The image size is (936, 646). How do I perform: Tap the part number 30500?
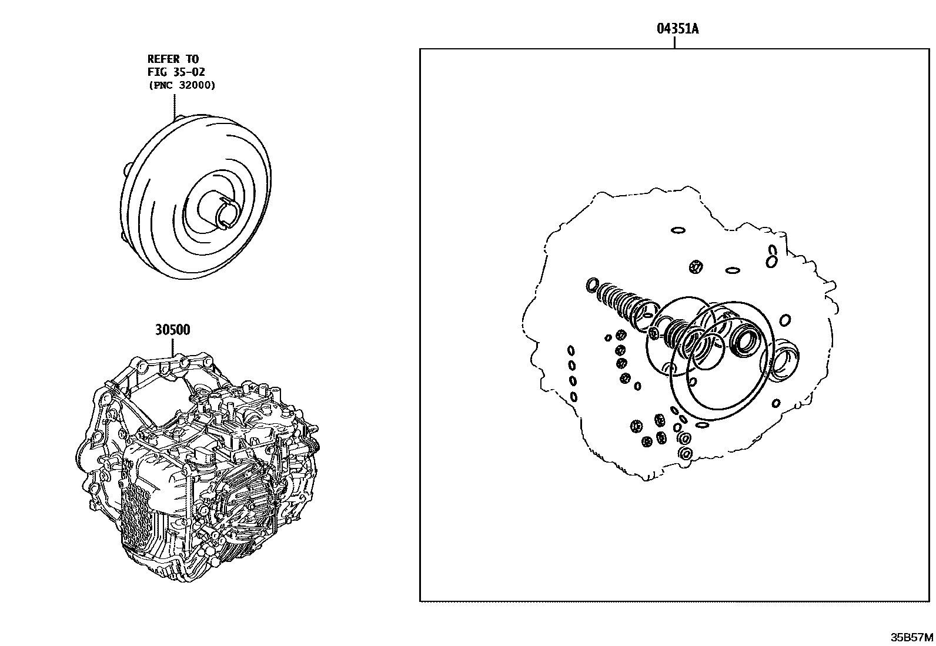(x=173, y=330)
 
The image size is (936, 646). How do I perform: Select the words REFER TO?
(x=173, y=59)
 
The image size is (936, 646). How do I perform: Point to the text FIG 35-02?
(x=176, y=72)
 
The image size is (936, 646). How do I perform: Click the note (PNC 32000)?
(x=181, y=85)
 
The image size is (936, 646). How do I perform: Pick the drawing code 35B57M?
(x=911, y=637)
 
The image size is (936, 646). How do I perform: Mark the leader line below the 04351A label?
(x=674, y=42)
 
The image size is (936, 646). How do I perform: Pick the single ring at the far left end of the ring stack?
(x=592, y=286)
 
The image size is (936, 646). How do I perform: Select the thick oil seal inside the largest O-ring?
(x=746, y=340)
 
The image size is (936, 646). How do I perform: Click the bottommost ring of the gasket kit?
(x=684, y=453)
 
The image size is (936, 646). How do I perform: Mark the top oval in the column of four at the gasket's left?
(x=570, y=350)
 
